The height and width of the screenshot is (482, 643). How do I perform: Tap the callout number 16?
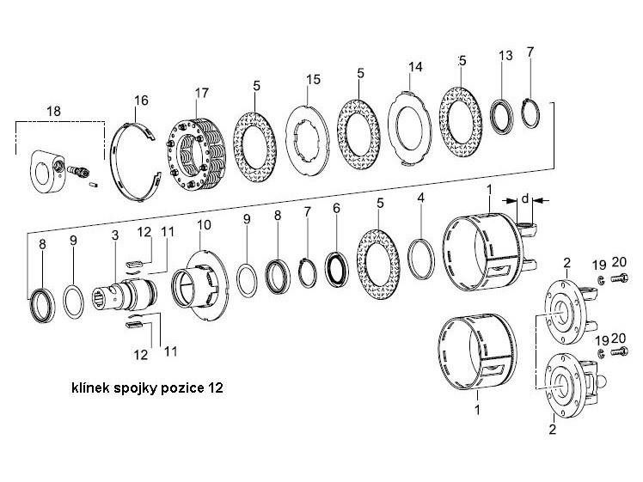(x=141, y=101)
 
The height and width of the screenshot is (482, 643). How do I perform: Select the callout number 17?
(x=201, y=93)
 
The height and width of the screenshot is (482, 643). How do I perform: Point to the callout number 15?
(x=314, y=80)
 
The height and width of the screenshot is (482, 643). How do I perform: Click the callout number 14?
(x=416, y=66)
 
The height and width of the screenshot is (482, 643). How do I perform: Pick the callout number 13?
(x=505, y=56)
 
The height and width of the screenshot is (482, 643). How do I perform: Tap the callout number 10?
(x=203, y=226)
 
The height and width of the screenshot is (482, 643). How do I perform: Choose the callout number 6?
(x=336, y=209)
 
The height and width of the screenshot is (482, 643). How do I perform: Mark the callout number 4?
(x=419, y=198)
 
